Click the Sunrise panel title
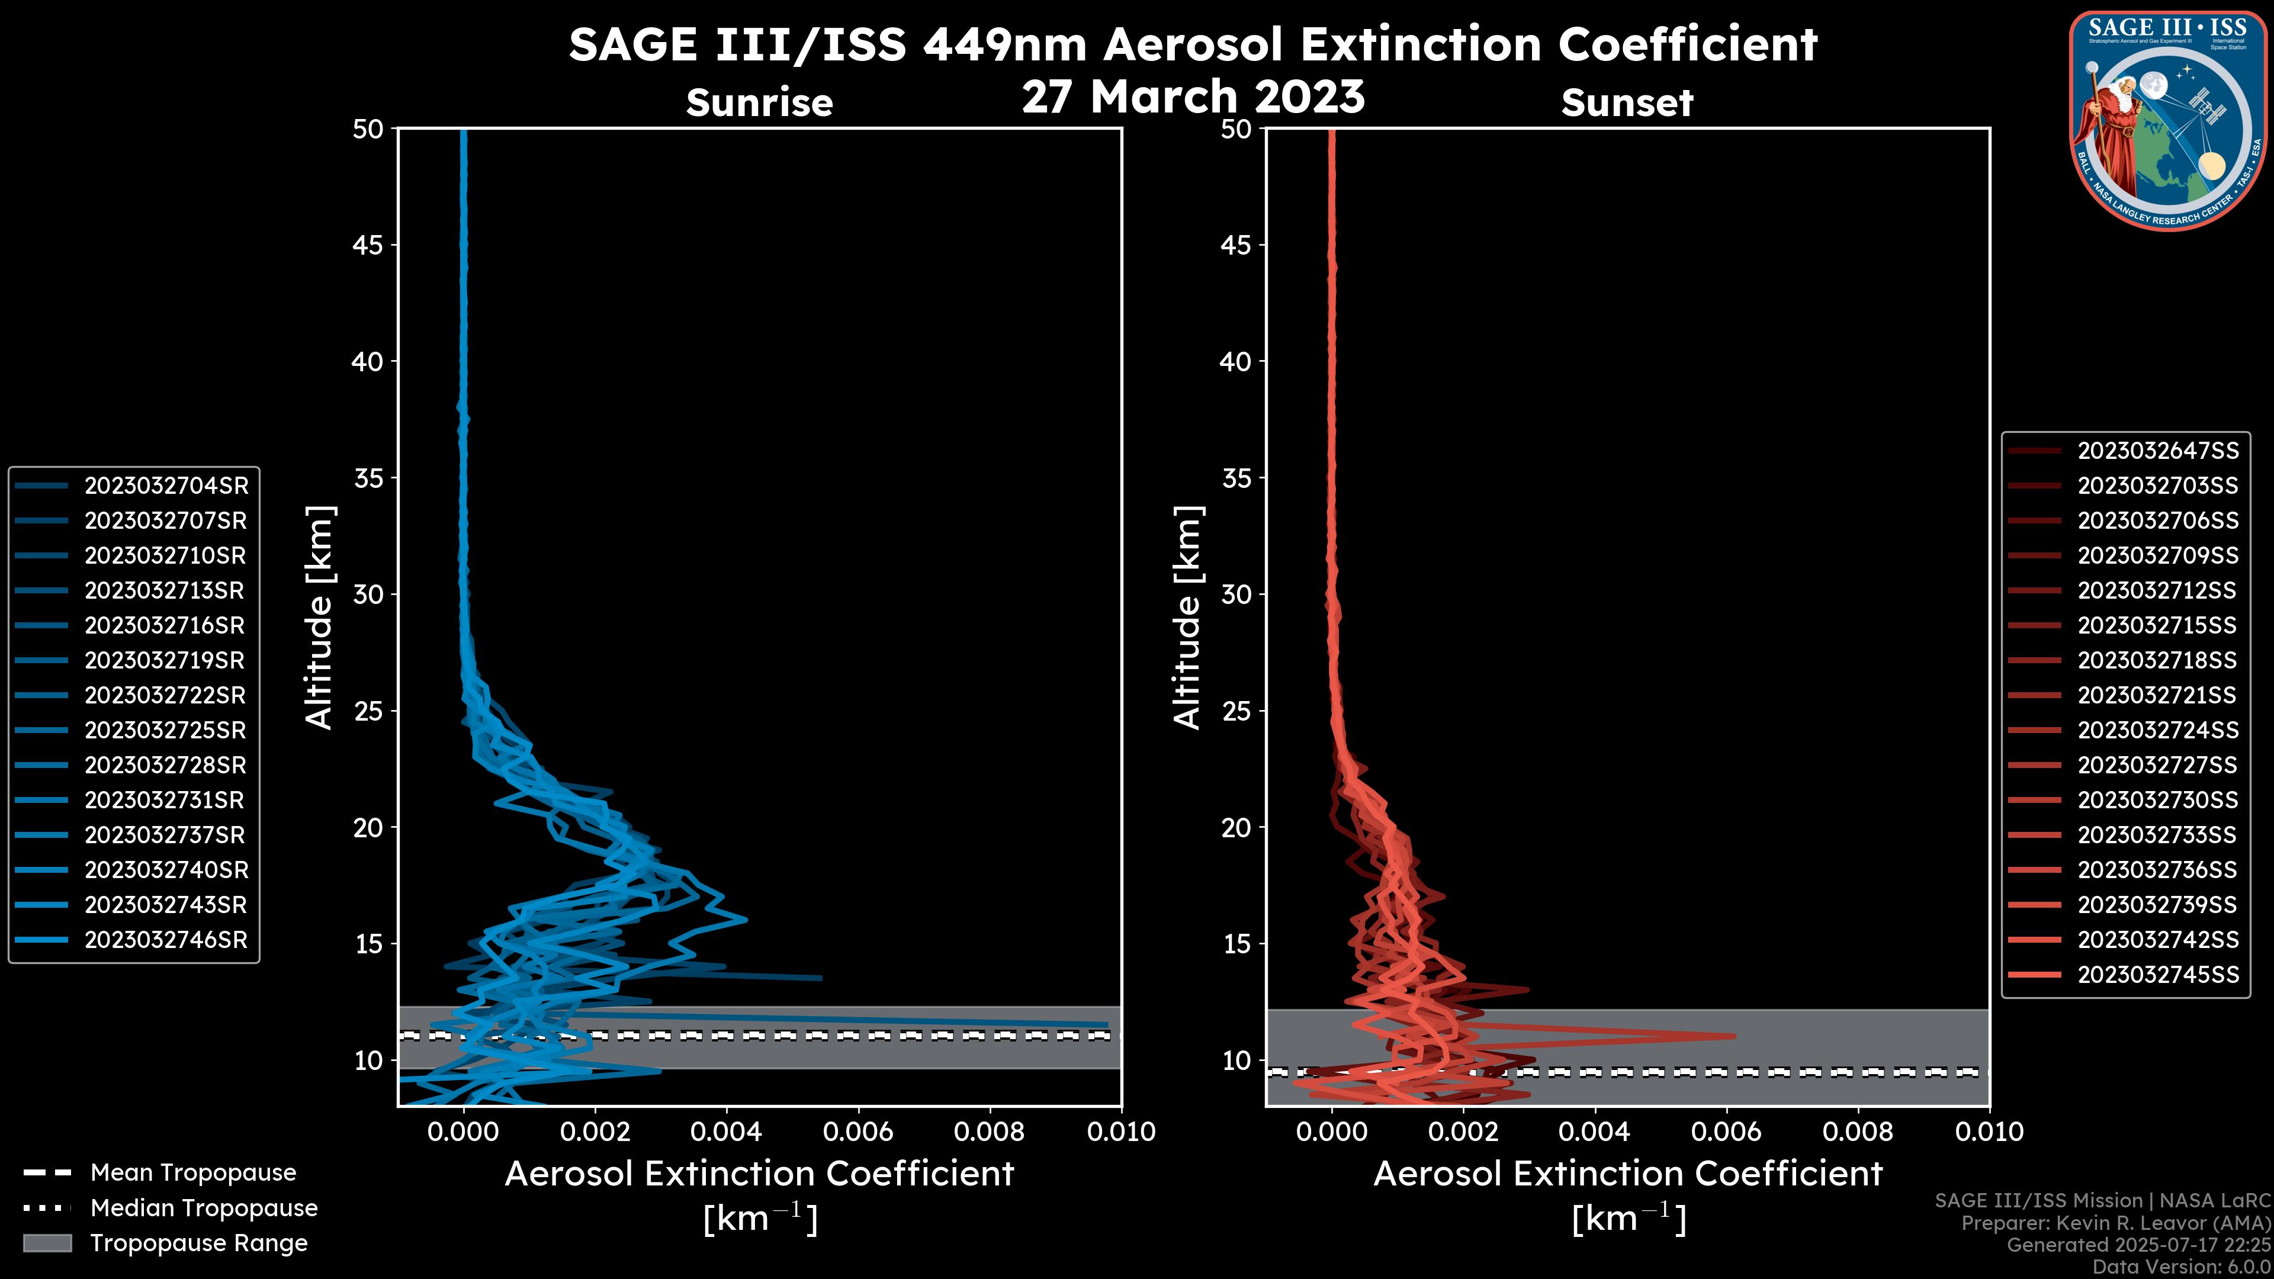click(x=759, y=103)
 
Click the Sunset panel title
click(x=1626, y=103)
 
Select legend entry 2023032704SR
click(x=166, y=486)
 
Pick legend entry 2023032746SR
click(x=166, y=940)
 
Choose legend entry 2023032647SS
click(x=2157, y=451)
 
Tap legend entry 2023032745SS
click(x=2157, y=975)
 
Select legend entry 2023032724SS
click(x=2157, y=731)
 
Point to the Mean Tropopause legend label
click(x=193, y=1173)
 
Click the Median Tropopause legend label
click(x=204, y=1209)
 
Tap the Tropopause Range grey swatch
click(x=47, y=1243)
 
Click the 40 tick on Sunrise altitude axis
click(x=369, y=362)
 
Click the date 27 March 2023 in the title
click(x=1193, y=97)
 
